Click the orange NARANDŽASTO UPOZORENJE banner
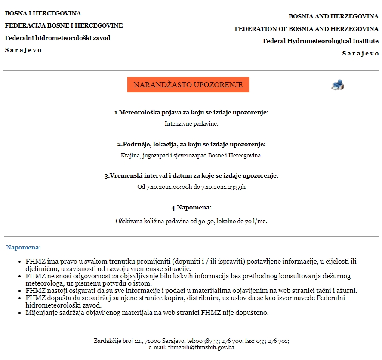coord(188,85)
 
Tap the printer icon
coord(337,85)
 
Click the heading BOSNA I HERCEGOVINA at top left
coord(43,13)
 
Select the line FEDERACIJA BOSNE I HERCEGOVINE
coord(64,25)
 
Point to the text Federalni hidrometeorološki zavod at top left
coord(58,38)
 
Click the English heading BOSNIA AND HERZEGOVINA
coord(333,16)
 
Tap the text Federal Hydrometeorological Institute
coord(320,41)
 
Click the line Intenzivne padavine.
coord(191,123)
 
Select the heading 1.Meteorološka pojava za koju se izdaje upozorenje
coord(191,112)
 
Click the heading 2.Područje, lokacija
coord(191,144)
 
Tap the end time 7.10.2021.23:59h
coord(223,187)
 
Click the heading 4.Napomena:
coord(191,207)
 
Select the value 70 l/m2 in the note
coord(256,221)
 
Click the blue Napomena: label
coord(24,247)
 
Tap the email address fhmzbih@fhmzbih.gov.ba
coord(201,347)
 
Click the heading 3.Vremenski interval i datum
coord(191,175)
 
